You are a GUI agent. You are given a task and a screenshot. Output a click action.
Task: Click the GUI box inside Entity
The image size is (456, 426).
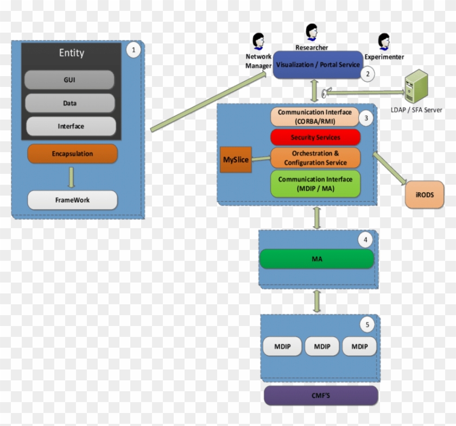69,80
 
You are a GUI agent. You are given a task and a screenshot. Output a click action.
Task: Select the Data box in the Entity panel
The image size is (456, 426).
69,103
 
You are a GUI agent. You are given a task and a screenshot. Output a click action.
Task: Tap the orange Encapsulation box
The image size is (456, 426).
72,154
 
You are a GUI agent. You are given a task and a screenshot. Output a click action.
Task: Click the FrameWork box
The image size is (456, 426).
72,200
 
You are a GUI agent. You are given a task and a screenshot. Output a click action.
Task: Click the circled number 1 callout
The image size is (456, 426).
133,50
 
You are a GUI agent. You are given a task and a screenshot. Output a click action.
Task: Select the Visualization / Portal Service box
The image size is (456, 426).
318,65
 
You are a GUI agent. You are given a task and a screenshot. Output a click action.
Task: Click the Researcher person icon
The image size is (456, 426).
312,32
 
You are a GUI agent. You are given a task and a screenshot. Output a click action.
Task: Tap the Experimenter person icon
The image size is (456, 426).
384,41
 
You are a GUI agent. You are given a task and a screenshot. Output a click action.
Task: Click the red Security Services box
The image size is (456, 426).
315,137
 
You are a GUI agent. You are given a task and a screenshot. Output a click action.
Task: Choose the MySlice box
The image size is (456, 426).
236,159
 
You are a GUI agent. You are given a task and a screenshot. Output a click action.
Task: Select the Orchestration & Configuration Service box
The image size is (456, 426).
315,158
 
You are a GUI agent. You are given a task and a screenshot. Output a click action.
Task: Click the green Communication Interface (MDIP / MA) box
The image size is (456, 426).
315,183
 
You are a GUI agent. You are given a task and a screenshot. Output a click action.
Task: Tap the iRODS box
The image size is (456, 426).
425,195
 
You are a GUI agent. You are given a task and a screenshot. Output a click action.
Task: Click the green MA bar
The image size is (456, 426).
317,259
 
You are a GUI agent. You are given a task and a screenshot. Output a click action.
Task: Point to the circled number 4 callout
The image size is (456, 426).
366,240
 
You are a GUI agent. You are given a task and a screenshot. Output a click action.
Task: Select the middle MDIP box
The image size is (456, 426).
322,346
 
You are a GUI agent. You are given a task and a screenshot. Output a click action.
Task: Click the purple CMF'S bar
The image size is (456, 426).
321,395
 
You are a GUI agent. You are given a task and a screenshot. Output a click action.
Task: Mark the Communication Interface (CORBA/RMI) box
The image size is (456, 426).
315,116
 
